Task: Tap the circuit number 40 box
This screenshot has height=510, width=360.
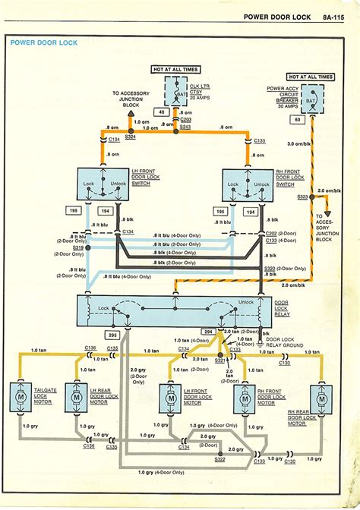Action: click(x=160, y=113)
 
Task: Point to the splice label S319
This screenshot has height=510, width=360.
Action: click(x=77, y=247)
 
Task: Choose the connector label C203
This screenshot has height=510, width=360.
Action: click(x=187, y=120)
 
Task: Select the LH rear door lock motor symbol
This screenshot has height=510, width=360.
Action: click(x=76, y=395)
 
